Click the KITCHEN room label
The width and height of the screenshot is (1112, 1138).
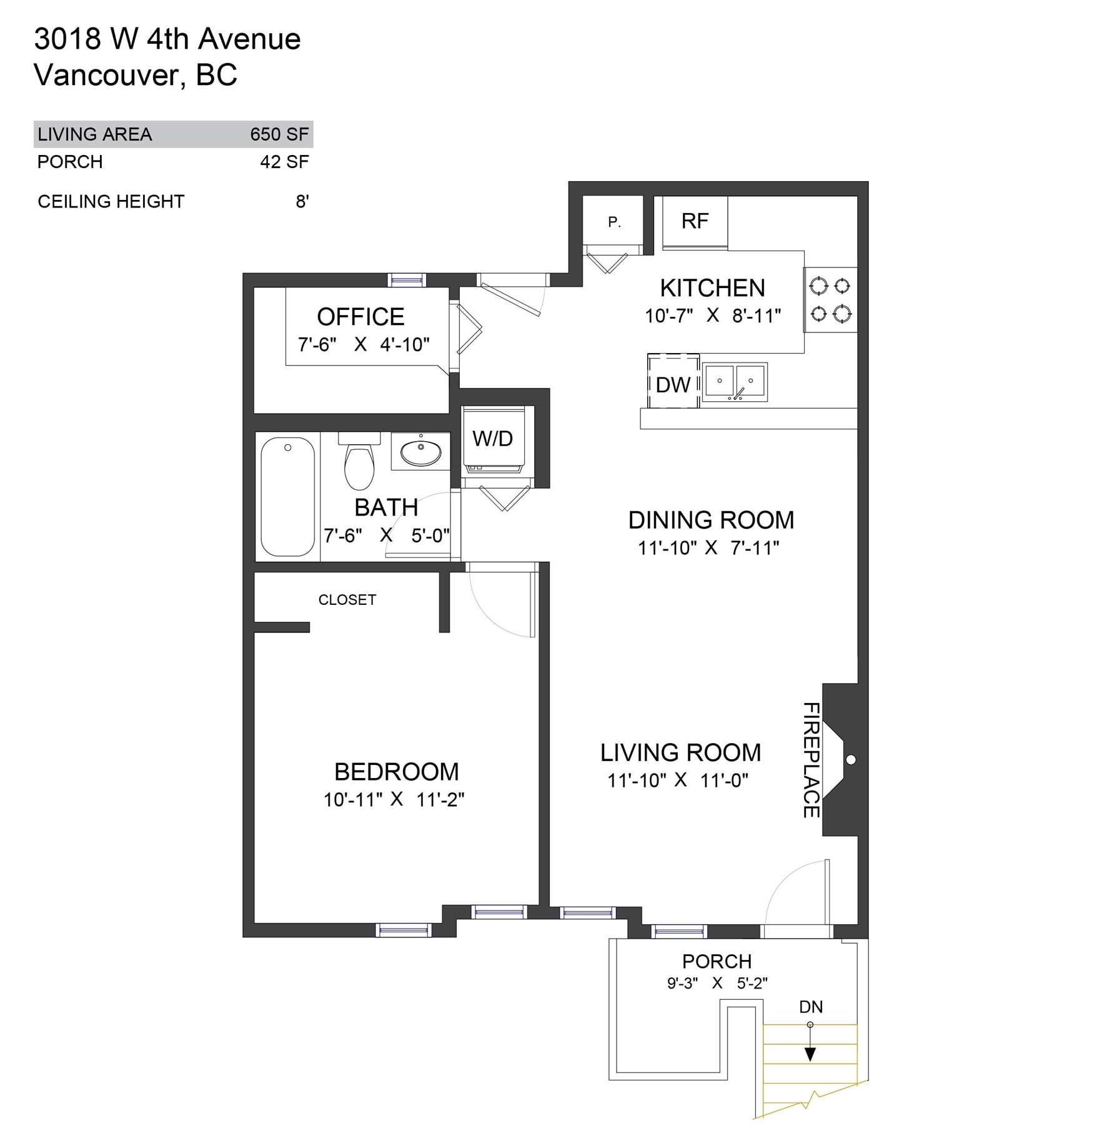point(712,288)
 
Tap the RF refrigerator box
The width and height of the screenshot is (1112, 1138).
point(695,222)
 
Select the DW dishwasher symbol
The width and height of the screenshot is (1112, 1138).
point(673,381)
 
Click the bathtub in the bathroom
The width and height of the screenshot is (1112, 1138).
point(287,497)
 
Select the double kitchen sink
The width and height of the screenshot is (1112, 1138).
point(735,382)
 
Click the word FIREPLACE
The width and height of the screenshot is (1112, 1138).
point(811,759)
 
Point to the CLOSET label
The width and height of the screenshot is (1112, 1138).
point(347,600)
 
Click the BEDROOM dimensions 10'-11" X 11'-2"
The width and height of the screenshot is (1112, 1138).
point(394,800)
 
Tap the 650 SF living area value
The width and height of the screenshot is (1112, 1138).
point(279,134)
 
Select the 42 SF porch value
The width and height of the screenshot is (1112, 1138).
point(284,162)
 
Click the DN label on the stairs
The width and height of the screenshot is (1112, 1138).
point(811,1007)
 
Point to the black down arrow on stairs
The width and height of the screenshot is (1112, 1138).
point(810,1042)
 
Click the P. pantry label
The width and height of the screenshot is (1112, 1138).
point(614,222)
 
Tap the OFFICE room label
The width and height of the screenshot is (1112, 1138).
point(360,317)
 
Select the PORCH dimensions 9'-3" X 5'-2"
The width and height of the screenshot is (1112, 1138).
point(717,983)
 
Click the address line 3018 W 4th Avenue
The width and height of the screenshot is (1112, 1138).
point(167,39)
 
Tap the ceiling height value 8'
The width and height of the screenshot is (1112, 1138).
point(302,201)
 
